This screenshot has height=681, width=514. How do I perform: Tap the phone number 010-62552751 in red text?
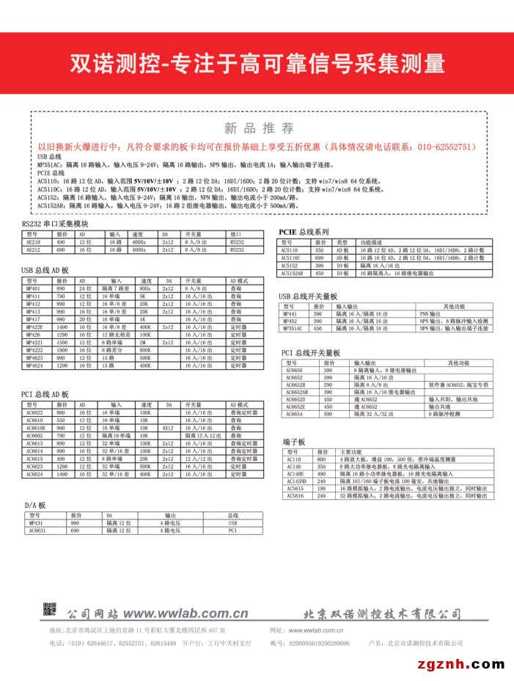[x=447, y=147]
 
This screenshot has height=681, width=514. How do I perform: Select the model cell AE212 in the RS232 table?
[x=34, y=250]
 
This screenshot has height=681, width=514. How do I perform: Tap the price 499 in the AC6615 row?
[x=61, y=459]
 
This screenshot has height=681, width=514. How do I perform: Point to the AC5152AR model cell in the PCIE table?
[x=293, y=273]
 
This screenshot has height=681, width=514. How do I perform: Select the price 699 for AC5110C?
[x=319, y=258]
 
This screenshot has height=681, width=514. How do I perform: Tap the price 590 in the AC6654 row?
[x=328, y=415]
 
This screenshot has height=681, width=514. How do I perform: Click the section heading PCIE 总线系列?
[x=304, y=231]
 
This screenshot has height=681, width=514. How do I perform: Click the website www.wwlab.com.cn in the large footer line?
[x=186, y=613]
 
